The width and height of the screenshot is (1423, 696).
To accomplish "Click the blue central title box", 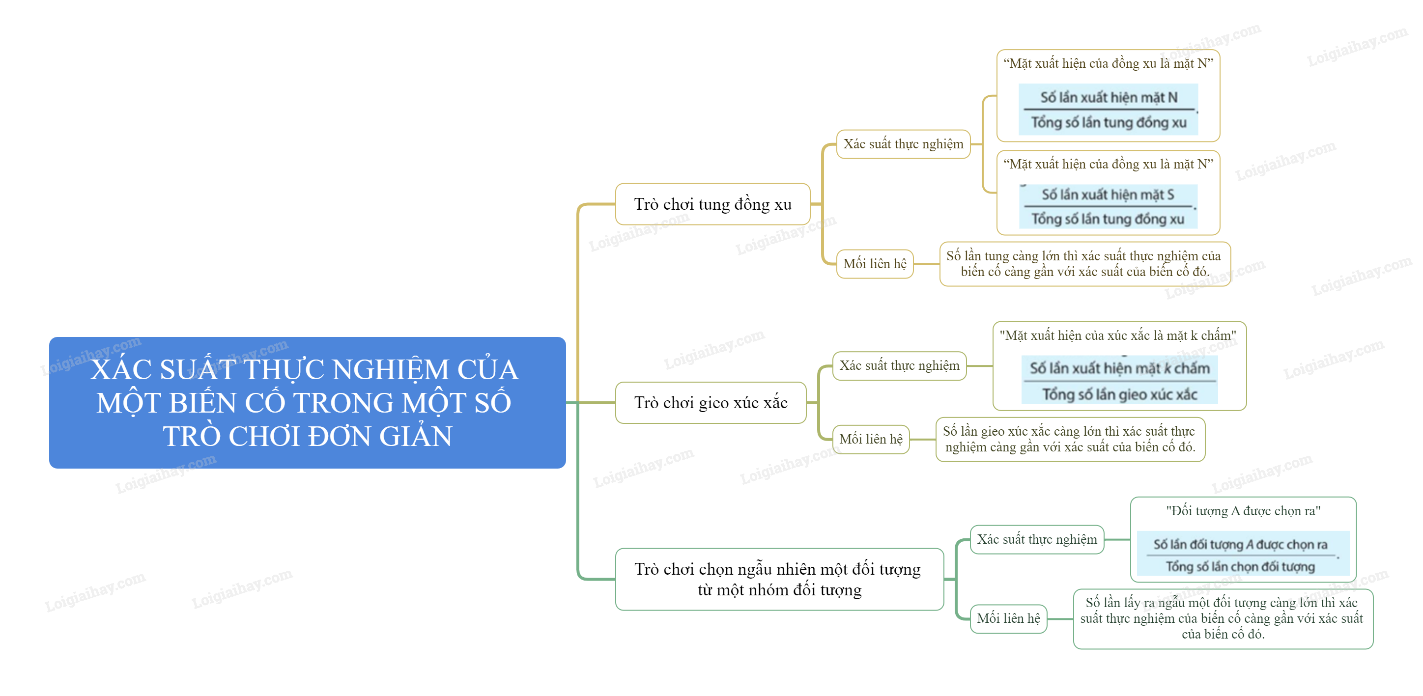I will (x=307, y=402).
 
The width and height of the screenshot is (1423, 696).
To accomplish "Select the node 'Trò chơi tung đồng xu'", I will (x=712, y=204).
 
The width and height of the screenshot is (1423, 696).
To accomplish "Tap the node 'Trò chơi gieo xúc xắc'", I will (x=711, y=403).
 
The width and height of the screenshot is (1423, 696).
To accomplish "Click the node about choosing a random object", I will (x=779, y=579).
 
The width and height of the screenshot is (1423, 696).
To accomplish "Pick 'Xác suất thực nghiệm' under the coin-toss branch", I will (x=903, y=144).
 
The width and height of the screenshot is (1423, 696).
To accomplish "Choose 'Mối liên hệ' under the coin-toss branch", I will (x=875, y=264).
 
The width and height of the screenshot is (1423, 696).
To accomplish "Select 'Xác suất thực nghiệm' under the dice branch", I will (x=899, y=365).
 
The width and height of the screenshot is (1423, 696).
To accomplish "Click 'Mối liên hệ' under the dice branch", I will (x=871, y=439).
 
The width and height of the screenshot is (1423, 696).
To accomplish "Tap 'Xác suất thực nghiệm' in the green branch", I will (x=1036, y=539).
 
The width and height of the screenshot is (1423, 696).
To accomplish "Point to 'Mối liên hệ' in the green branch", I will (x=1008, y=619).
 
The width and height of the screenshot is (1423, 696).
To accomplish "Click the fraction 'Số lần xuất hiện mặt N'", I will (x=1109, y=98).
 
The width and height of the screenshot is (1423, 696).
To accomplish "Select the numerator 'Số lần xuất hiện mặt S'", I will (x=1108, y=195).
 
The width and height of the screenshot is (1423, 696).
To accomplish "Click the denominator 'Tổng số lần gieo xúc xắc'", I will (x=1119, y=394).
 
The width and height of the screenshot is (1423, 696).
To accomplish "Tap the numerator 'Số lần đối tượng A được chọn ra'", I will (x=1240, y=544).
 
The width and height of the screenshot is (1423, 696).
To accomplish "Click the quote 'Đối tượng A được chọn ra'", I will (x=1243, y=511).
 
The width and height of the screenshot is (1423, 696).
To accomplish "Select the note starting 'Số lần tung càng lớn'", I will (x=1084, y=263).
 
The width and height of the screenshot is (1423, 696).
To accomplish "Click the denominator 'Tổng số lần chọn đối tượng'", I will (x=1240, y=567).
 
